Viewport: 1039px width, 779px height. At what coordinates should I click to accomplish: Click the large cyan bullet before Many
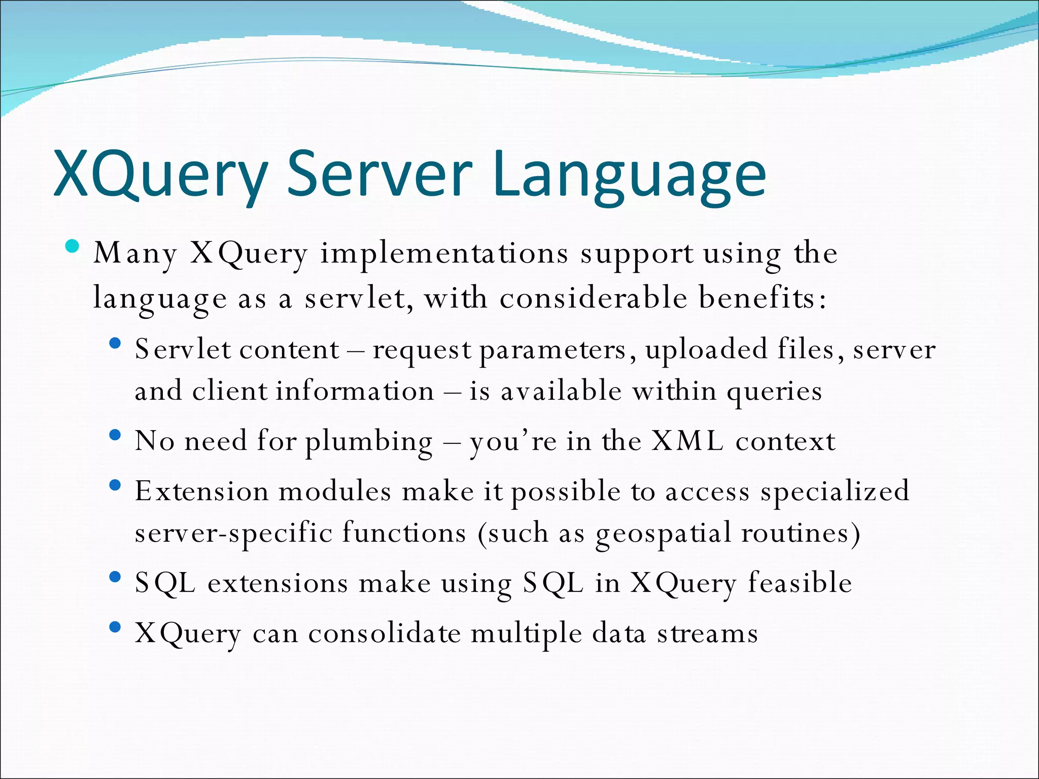73,247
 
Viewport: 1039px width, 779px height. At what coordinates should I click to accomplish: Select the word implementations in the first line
444,254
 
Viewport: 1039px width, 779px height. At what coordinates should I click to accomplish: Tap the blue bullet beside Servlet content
115,343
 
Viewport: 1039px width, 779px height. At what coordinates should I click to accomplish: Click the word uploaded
706,349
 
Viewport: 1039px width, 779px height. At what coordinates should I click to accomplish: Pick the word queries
774,392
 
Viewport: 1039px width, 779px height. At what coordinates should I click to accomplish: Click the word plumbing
369,442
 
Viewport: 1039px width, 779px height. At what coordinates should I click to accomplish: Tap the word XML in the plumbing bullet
687,441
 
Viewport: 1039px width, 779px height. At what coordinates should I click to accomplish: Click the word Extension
201,491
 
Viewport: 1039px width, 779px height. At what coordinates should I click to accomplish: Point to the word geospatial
663,534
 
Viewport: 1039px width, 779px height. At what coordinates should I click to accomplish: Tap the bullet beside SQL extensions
115,577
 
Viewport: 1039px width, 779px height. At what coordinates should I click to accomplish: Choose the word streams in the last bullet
707,633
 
